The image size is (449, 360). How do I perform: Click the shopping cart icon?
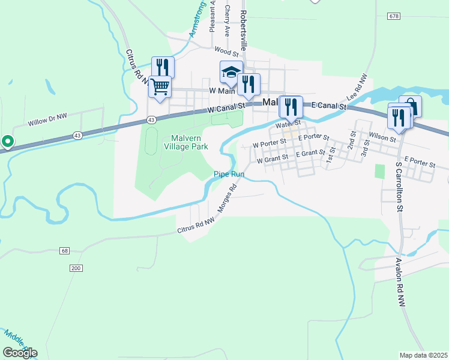pyautogui.click(x=160, y=87)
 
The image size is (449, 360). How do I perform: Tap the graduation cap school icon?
pyautogui.click(x=231, y=73)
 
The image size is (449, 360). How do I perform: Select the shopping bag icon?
pyautogui.click(x=411, y=107)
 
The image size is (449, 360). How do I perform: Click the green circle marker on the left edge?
pyautogui.click(x=8, y=142)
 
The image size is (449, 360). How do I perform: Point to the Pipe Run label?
pyautogui.click(x=229, y=175)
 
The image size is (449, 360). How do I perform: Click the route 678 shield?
pyautogui.click(x=393, y=16)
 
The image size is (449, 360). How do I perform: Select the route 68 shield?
pyautogui.click(x=65, y=250)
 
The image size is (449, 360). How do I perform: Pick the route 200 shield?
pyautogui.click(x=75, y=268)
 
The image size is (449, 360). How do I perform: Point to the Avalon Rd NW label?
pyautogui.click(x=399, y=283)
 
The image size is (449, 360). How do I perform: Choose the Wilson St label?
pyautogui.click(x=382, y=138)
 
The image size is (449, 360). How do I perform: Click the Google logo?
pyautogui.click(x=20, y=353)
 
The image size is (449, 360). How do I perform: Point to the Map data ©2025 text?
pyautogui.click(x=423, y=355)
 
